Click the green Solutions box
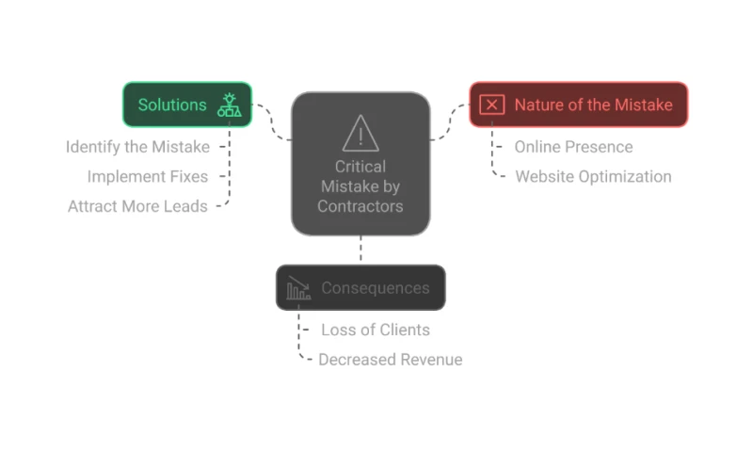(x=186, y=105)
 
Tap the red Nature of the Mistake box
(x=578, y=105)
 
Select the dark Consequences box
(x=360, y=287)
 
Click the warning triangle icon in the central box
(x=360, y=133)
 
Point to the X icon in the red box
(x=491, y=105)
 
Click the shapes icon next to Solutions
(x=229, y=105)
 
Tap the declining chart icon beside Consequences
(x=298, y=287)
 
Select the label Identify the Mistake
(x=137, y=147)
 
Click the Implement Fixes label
(x=148, y=176)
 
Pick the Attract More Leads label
(x=137, y=206)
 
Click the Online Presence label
(x=573, y=147)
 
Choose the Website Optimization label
(x=593, y=176)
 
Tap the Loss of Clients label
(x=376, y=330)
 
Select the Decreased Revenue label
(x=391, y=360)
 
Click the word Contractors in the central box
(x=360, y=206)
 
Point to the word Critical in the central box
(x=360, y=167)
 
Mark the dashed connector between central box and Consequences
(x=360, y=250)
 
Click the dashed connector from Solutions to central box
(x=272, y=122)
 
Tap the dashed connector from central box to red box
(x=450, y=122)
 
